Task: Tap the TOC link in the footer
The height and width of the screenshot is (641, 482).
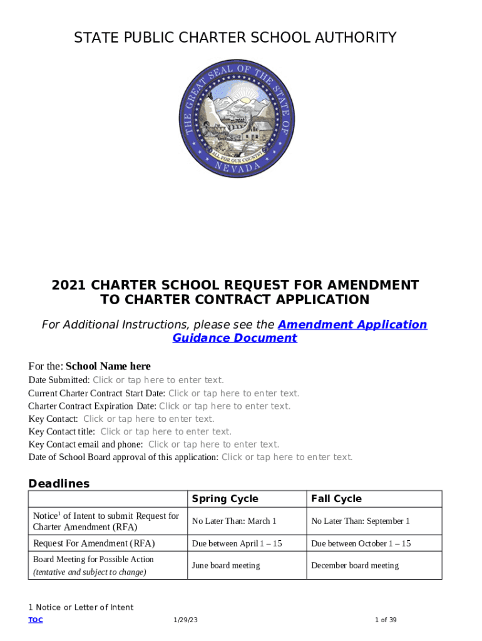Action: click(x=36, y=620)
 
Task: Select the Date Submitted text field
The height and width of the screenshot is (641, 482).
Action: click(x=158, y=380)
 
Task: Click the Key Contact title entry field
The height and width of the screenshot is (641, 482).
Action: click(x=166, y=431)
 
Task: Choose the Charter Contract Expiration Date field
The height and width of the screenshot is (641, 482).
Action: click(x=225, y=406)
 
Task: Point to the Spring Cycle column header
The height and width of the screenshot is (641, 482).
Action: click(x=225, y=499)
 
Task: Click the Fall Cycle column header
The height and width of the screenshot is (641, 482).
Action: click(x=336, y=499)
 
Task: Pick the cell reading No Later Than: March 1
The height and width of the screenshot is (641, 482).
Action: click(x=233, y=521)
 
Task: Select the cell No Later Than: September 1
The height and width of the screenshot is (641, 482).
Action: click(x=360, y=521)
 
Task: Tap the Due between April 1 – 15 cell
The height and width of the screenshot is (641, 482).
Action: click(x=237, y=543)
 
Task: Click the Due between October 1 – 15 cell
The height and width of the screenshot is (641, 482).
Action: click(x=361, y=543)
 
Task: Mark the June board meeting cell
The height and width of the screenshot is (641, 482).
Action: click(x=225, y=565)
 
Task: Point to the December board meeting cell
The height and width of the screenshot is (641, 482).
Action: click(x=354, y=565)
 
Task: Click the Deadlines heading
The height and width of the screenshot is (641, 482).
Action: click(x=59, y=483)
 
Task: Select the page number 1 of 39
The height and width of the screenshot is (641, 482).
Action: click(x=386, y=620)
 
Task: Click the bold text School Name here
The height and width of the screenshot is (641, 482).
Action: click(x=108, y=366)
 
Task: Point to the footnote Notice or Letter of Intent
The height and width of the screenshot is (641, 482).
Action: click(x=85, y=607)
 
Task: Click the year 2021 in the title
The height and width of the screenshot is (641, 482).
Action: click(x=68, y=285)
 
